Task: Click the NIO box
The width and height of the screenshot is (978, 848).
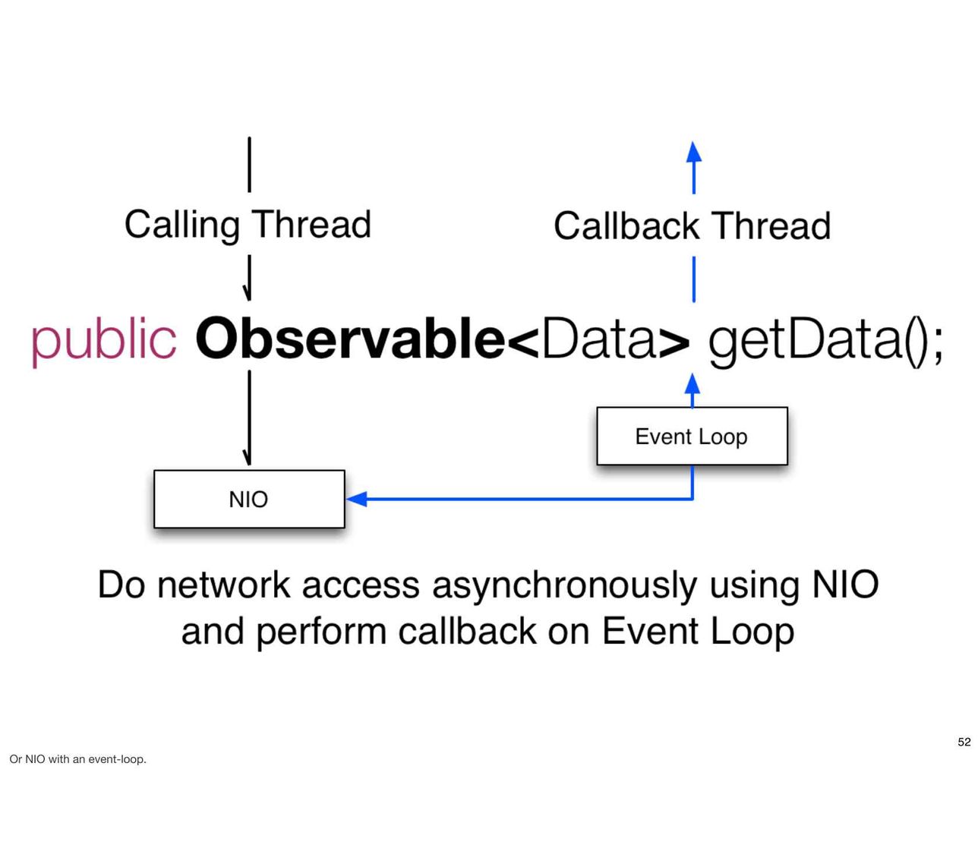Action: pyautogui.click(x=249, y=499)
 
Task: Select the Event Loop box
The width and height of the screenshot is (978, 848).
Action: pyautogui.click(x=692, y=436)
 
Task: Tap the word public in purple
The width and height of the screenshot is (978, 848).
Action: pyautogui.click(x=104, y=340)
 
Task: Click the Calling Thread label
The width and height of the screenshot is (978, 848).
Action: pyautogui.click(x=248, y=225)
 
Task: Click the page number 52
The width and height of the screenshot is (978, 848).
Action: pyautogui.click(x=964, y=742)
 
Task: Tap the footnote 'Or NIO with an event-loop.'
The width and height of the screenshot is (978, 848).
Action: pyautogui.click(x=78, y=759)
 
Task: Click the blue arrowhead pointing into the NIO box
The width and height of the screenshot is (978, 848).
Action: pyautogui.click(x=356, y=499)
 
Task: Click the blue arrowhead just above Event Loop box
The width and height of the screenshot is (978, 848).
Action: pyautogui.click(x=692, y=383)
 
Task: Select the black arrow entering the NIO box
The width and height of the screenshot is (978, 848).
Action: pyautogui.click(x=249, y=418)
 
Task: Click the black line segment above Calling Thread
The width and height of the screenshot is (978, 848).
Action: pyautogui.click(x=249, y=165)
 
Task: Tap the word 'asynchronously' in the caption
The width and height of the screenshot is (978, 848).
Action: pyautogui.click(x=565, y=586)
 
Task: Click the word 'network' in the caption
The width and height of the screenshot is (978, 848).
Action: pyautogui.click(x=224, y=585)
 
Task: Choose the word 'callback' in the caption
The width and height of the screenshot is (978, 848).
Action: pyautogui.click(x=467, y=631)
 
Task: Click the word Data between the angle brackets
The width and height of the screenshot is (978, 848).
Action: pyautogui.click(x=598, y=337)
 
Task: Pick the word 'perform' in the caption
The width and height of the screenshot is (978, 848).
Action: pyautogui.click(x=321, y=632)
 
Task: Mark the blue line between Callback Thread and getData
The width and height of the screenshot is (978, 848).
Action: pyautogui.click(x=693, y=279)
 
